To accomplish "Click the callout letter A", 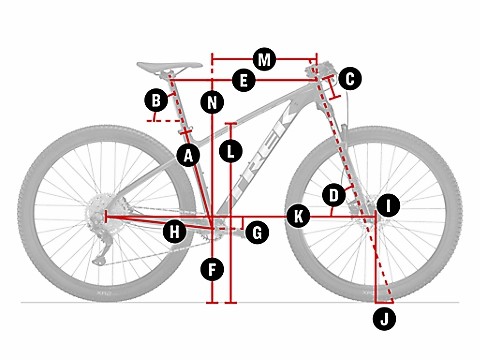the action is pos(186,154).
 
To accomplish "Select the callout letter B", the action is pos(155,100).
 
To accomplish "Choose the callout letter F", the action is pos(212,268).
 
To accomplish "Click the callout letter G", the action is pos(257,232).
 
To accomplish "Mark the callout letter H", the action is pos(175,232).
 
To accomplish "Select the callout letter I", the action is pos(388,206).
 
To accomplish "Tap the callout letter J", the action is pos(383,318).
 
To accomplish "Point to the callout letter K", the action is pos(297,215).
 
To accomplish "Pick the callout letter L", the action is pos(231,152).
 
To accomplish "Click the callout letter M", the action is pos(264,59).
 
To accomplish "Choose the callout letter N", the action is pos(212,101).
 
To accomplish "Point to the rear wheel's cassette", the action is pos(97,214).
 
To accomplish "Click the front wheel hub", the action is pos(371,214).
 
